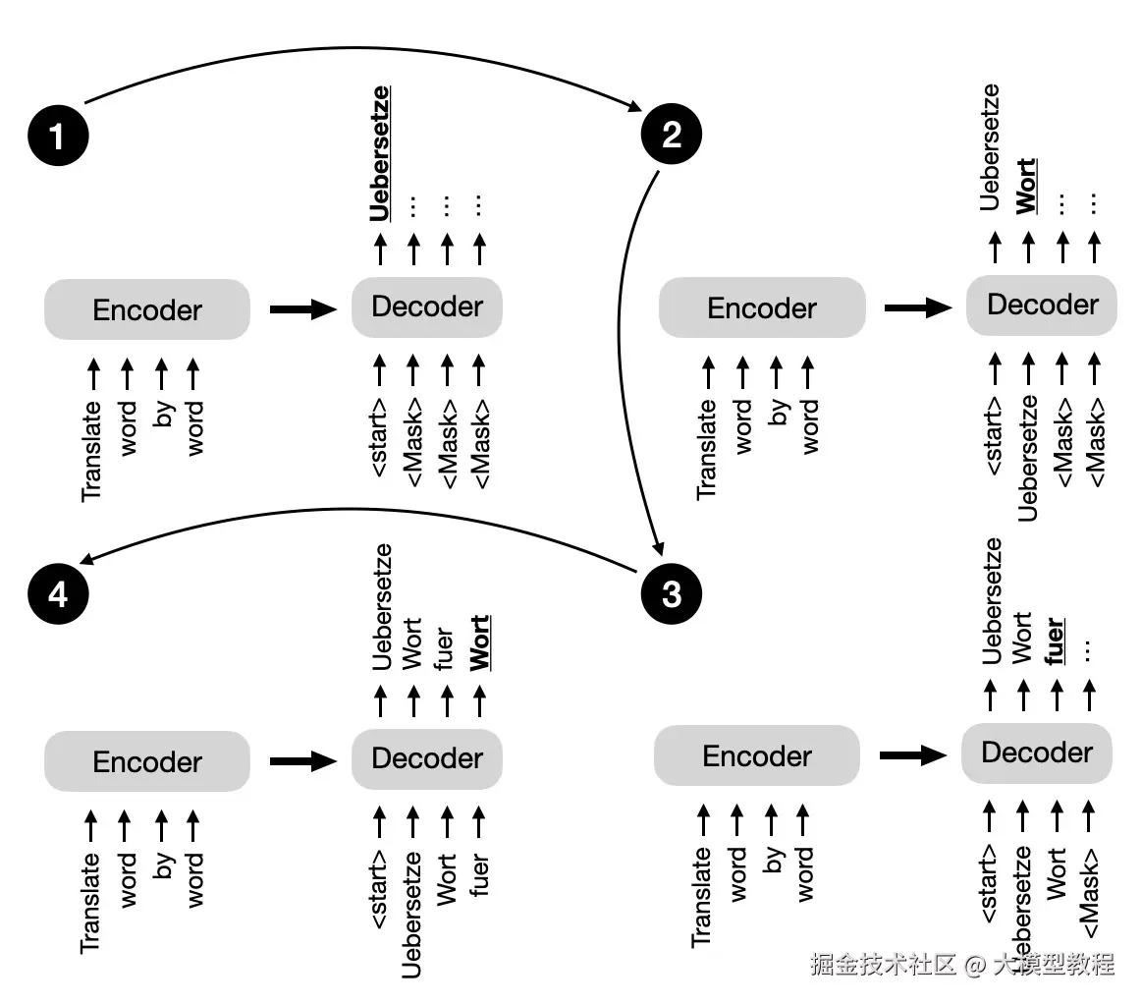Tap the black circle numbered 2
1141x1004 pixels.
point(672,135)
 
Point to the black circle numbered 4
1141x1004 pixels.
point(58,594)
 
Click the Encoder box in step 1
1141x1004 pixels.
point(147,310)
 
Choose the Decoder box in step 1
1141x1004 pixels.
point(427,307)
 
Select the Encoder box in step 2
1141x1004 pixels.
point(762,308)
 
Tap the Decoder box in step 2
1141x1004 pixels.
point(1042,305)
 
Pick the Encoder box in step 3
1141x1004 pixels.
point(757,756)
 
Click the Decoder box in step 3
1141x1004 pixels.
point(1037,753)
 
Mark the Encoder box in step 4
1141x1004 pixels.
point(147,762)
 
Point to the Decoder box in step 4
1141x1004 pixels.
point(427,758)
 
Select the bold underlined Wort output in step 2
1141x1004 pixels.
point(1026,186)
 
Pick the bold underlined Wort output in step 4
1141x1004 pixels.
point(480,642)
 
